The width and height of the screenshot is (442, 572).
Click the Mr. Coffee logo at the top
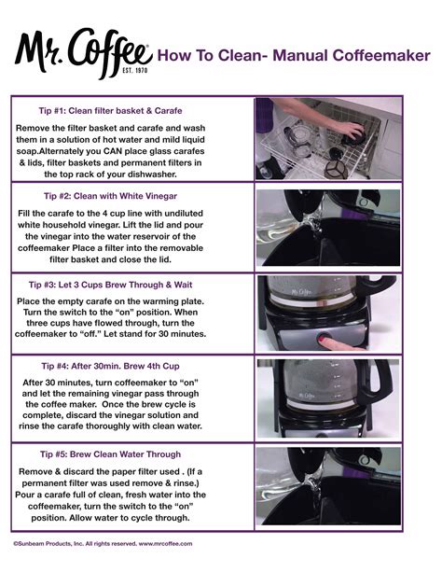[x=81, y=49]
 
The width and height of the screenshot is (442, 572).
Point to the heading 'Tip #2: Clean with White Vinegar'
[x=130, y=196]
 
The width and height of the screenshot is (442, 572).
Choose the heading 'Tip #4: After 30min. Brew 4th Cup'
[x=131, y=365]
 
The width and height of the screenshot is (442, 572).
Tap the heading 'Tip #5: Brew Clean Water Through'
[x=131, y=454]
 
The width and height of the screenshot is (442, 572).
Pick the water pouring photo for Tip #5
[x=328, y=486]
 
